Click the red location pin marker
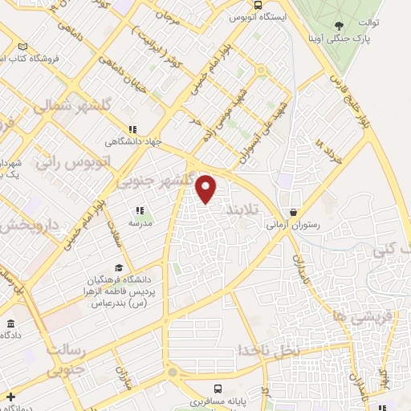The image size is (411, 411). (207, 188)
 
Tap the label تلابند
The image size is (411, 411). (242, 209)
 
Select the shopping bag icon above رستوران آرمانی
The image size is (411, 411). (295, 212)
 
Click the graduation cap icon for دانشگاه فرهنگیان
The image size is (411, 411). (119, 267)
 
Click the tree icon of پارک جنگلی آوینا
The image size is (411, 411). (338, 25)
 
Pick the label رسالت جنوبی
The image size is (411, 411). (65, 360)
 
